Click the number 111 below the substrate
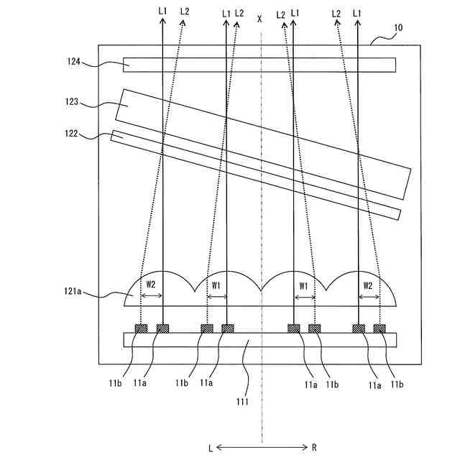tap(241, 402)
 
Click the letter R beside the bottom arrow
tap(314, 448)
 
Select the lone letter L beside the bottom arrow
tap(210, 448)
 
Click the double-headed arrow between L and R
tap(262, 448)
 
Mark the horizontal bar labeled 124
tap(259, 65)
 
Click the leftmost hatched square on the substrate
tap(141, 328)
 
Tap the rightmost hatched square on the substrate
tap(379, 328)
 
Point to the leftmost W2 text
tap(151, 285)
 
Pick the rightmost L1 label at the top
tap(358, 12)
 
